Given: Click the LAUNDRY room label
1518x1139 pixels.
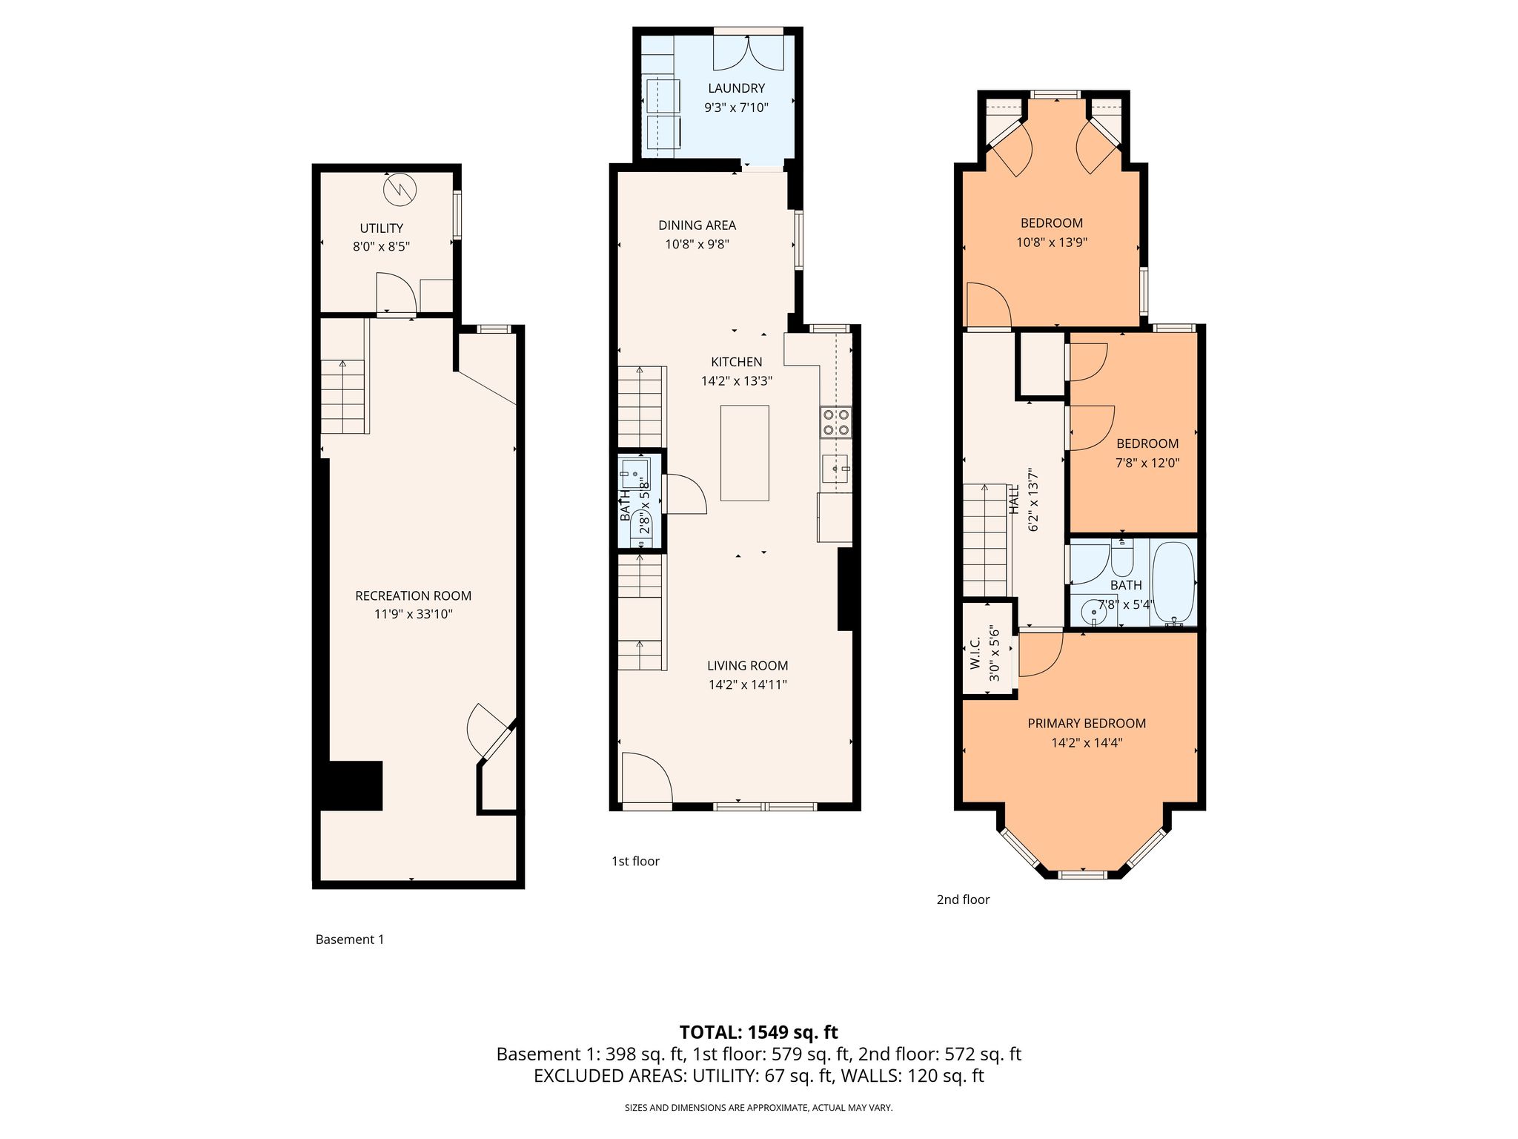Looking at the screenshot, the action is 736,89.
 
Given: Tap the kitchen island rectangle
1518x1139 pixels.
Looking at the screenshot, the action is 745,453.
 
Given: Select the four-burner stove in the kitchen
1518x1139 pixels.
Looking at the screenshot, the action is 836,422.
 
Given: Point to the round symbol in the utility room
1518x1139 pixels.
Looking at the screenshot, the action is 400,189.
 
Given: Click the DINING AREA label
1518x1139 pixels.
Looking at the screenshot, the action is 697,225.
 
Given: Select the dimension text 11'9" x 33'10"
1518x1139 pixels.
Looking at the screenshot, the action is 414,614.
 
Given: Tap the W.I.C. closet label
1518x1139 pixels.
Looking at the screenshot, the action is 975,653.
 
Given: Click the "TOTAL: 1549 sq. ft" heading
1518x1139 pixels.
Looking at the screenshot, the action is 759,1032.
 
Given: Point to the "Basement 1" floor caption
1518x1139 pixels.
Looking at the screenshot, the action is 350,940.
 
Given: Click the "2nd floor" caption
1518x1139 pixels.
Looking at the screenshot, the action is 963,899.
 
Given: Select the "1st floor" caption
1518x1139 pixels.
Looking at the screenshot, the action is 635,861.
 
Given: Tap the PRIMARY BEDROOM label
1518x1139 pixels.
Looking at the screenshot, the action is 1087,724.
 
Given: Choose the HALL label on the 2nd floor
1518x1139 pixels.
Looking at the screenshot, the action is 1014,500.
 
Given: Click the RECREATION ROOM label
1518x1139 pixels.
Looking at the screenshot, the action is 414,595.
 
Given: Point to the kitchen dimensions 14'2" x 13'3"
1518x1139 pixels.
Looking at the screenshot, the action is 737,381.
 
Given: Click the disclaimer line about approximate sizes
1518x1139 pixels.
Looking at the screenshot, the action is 759,1108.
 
